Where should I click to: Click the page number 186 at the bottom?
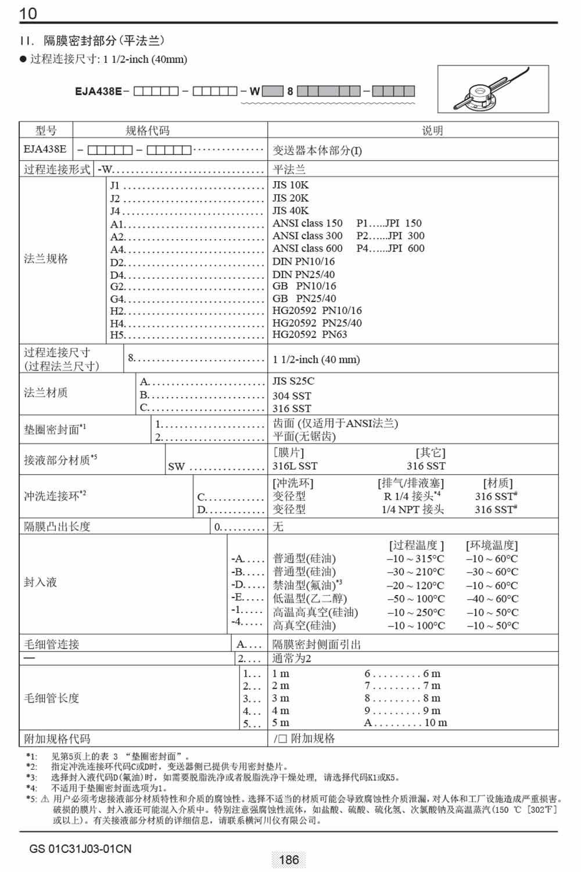(x=289, y=860)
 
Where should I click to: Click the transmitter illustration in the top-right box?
(x=493, y=89)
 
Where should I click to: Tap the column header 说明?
(x=432, y=131)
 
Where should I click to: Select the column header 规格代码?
(x=148, y=131)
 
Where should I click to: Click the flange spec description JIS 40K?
(x=290, y=211)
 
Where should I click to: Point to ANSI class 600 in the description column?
(x=307, y=248)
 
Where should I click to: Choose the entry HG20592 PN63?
(x=310, y=334)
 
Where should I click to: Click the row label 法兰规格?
(x=46, y=259)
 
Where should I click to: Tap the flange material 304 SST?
(x=292, y=396)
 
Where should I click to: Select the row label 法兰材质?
(x=46, y=393)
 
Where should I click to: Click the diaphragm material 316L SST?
(x=295, y=466)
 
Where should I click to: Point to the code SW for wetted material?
(x=177, y=466)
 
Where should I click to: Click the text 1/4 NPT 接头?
(x=413, y=509)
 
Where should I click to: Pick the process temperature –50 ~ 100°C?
(x=415, y=599)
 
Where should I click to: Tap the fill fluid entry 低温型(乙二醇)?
(x=310, y=599)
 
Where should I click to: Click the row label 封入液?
(x=41, y=582)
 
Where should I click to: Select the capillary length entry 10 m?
(x=436, y=723)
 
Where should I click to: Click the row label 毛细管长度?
(x=52, y=698)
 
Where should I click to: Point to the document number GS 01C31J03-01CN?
(x=80, y=849)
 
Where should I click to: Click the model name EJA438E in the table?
(x=45, y=149)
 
